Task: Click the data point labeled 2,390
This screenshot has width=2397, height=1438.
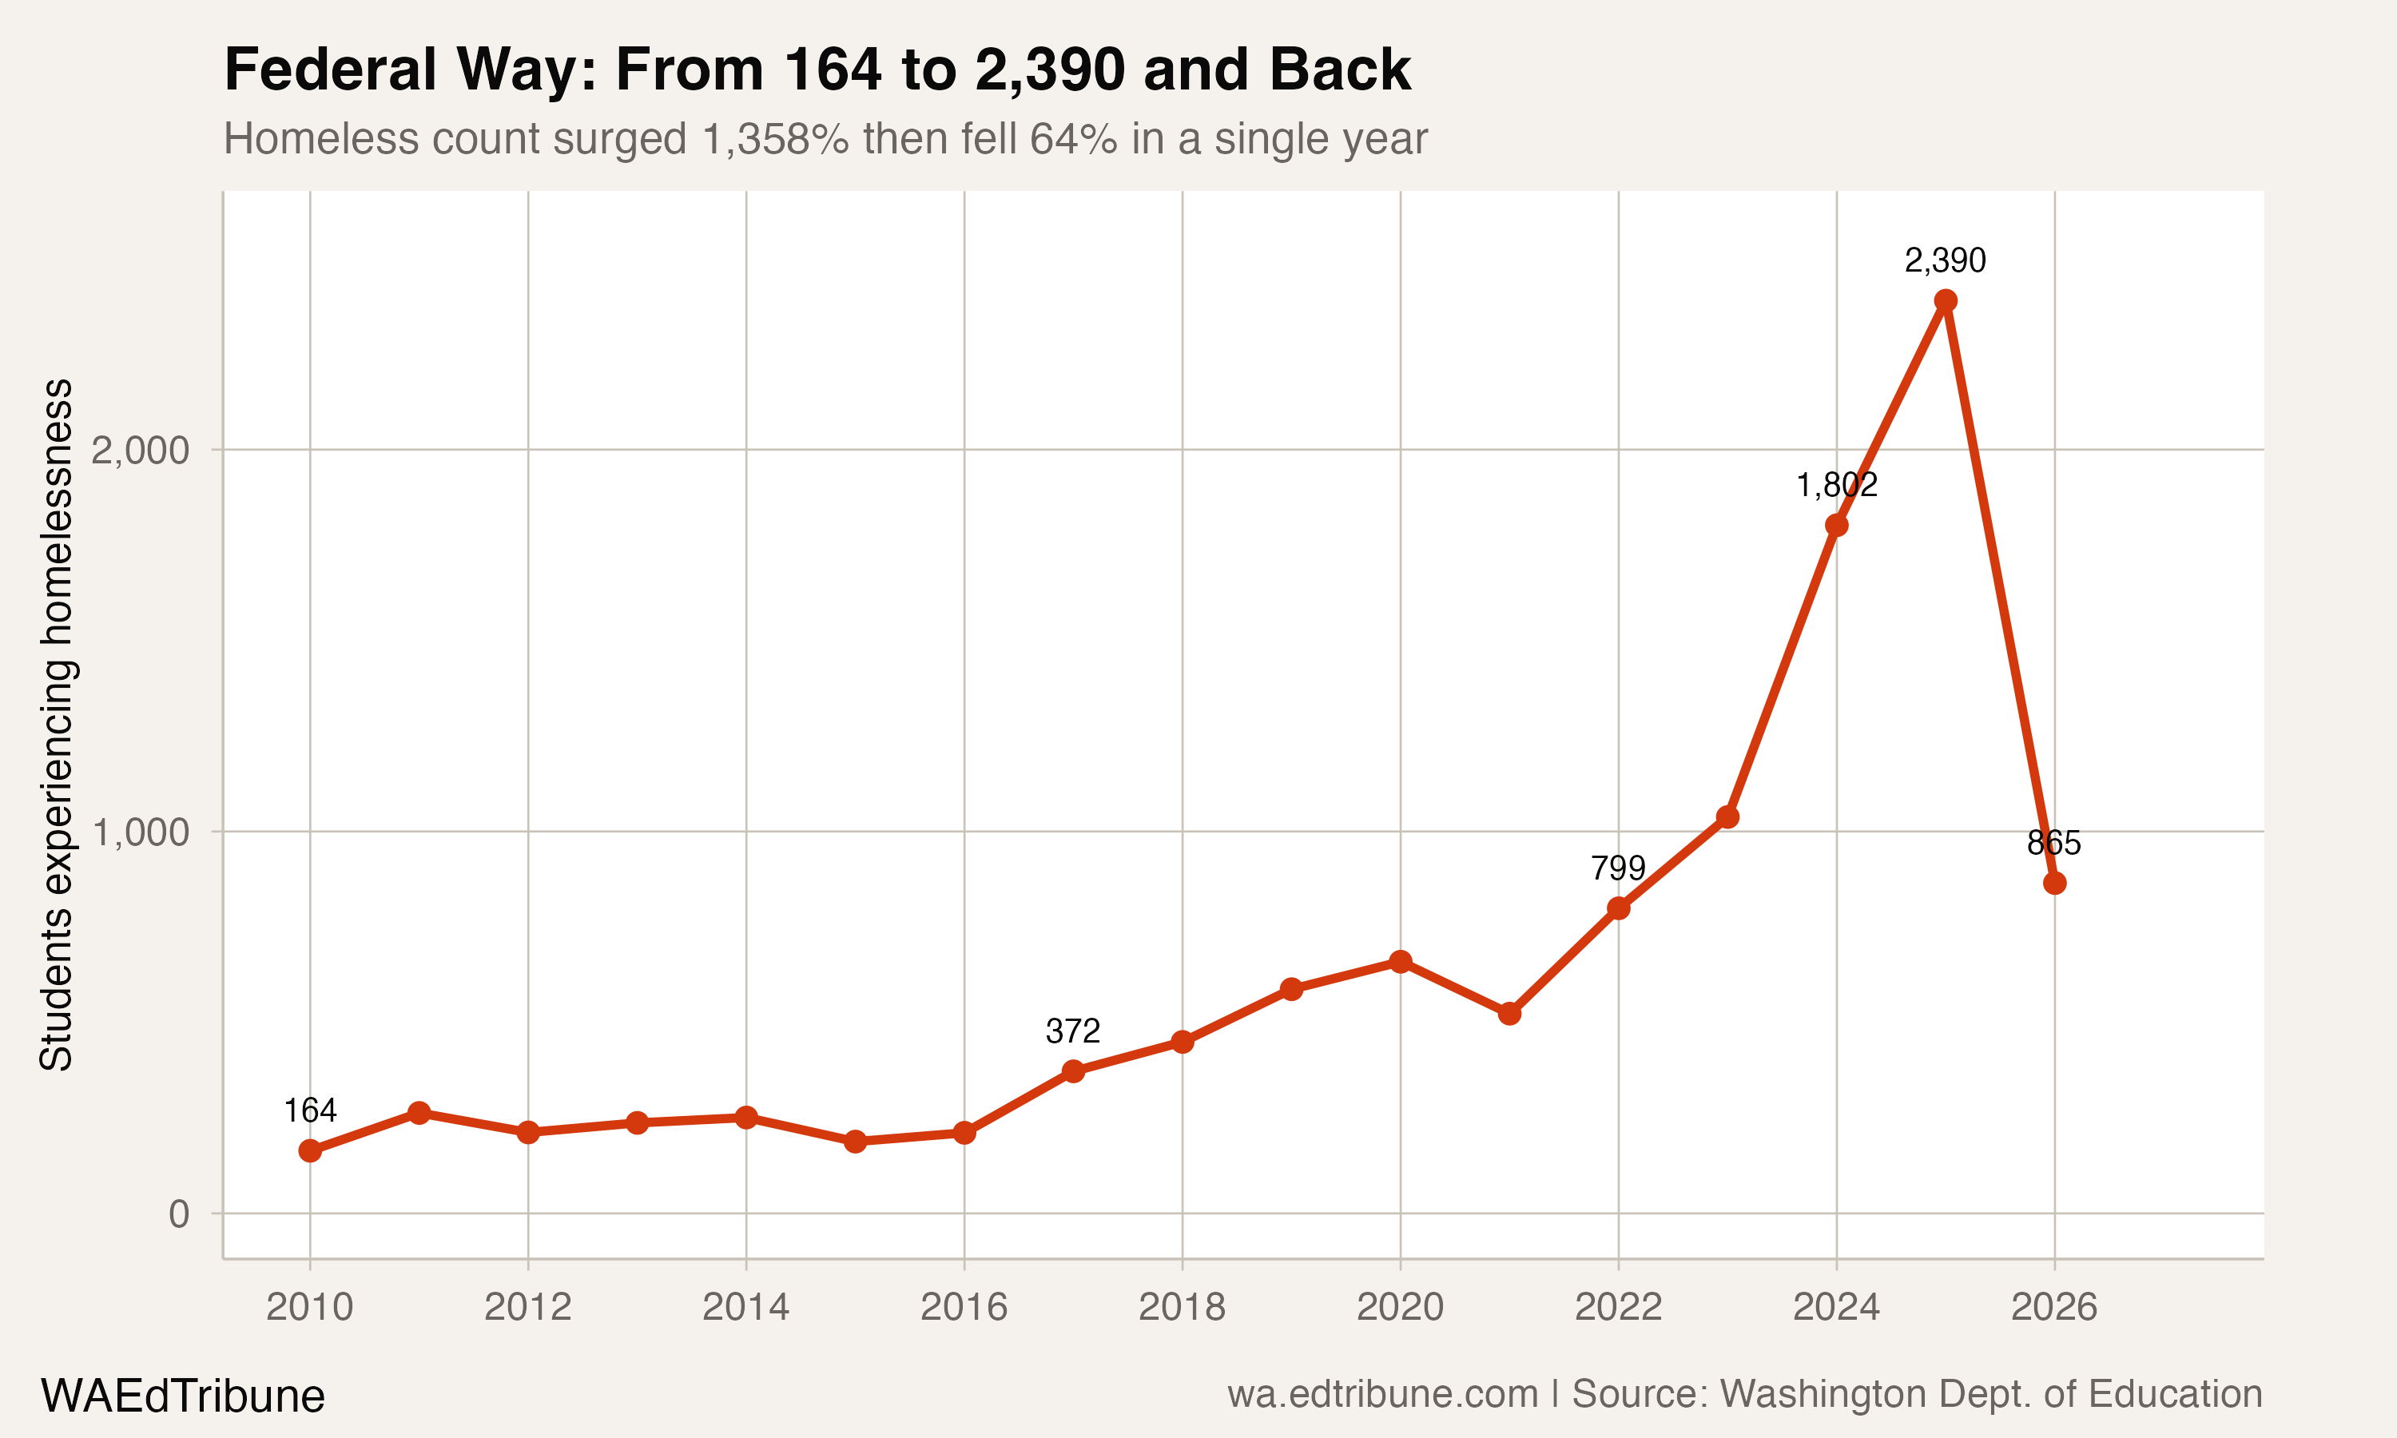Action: (1945, 300)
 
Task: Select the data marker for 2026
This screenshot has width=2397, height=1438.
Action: (2054, 883)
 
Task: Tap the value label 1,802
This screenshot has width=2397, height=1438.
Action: (1836, 484)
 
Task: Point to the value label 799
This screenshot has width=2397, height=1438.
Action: (1618, 868)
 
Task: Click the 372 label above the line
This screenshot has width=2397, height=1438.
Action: (1072, 1031)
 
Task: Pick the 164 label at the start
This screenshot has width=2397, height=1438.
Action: (310, 1110)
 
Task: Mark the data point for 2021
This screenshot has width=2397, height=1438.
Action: (1509, 1014)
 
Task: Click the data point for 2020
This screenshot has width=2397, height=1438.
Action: (1400, 961)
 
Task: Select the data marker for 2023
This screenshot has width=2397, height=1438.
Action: (1727, 817)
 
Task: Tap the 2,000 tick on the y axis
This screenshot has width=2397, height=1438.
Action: (140, 451)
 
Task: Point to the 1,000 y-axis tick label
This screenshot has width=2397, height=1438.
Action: (140, 832)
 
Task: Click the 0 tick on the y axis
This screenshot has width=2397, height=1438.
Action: (179, 1214)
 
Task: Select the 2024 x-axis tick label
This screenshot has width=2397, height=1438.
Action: (1836, 1308)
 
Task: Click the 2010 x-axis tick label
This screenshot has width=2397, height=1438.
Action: (310, 1308)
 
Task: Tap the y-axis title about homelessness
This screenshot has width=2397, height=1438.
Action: (55, 725)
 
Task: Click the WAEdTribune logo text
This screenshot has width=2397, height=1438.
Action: (182, 1396)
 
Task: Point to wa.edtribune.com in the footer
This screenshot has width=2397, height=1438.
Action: (1382, 1394)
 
